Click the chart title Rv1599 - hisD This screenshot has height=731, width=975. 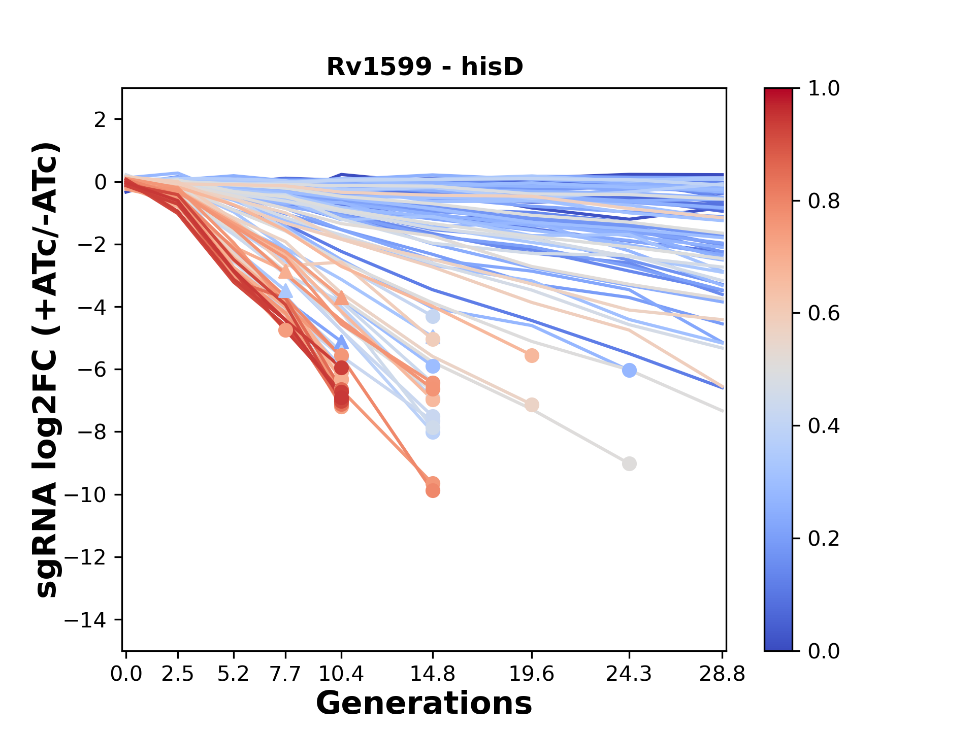pyautogui.click(x=425, y=67)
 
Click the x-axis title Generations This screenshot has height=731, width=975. pyautogui.click(x=424, y=704)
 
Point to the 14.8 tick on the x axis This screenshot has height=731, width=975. pyautogui.click(x=433, y=674)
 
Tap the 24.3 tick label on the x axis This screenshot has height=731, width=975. pyautogui.click(x=629, y=674)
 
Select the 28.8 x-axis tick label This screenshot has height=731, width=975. pyautogui.click(x=722, y=674)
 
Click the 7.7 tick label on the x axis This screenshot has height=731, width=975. pyautogui.click(x=285, y=674)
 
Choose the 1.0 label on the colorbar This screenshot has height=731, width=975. pyautogui.click(x=824, y=89)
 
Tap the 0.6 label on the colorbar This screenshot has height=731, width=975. pyautogui.click(x=824, y=314)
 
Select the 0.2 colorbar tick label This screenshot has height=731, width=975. pyautogui.click(x=824, y=539)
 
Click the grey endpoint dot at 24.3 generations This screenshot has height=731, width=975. pyautogui.click(x=629, y=463)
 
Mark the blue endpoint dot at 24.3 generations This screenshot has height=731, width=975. pyautogui.click(x=629, y=371)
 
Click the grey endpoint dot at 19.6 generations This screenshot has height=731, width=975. pyautogui.click(x=532, y=405)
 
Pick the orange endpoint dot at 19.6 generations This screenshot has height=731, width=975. pyautogui.click(x=532, y=356)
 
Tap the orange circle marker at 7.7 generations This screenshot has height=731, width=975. pyautogui.click(x=286, y=330)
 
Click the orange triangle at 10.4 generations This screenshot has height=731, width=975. pyautogui.click(x=342, y=298)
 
